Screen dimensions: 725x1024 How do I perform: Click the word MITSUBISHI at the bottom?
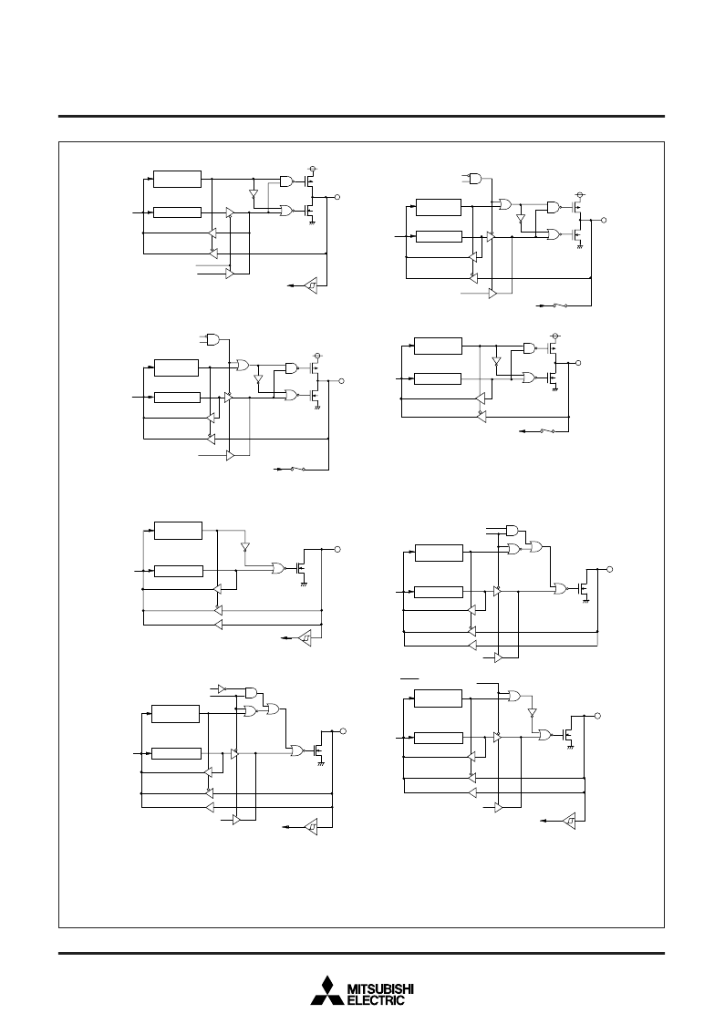coord(381,989)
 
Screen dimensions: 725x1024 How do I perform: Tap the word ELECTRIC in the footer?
coord(377,1000)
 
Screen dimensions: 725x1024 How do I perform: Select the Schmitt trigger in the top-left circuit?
coord(312,285)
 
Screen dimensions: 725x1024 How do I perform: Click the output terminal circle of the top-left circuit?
coord(337,197)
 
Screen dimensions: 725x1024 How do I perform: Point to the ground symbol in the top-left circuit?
coord(312,223)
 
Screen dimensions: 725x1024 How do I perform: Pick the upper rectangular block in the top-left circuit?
coord(177,179)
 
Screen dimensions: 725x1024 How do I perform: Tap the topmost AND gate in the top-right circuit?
coord(476,178)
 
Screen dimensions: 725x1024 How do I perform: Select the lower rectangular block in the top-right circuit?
coord(439,236)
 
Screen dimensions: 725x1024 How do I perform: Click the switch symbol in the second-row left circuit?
coord(297,469)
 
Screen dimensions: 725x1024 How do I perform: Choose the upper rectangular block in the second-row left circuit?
coord(176,367)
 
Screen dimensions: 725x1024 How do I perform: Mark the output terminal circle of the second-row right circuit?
coord(577,363)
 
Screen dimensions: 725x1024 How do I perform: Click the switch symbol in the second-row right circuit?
coord(546,431)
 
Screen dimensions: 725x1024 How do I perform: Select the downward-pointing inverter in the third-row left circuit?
coord(245,546)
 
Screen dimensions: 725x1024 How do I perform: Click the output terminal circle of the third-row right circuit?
coord(610,570)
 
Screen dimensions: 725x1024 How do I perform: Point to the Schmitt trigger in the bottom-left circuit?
coord(311,827)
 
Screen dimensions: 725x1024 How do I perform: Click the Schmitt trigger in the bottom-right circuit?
coord(570,820)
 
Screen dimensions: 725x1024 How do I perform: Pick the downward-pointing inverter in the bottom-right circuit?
coord(533,712)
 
